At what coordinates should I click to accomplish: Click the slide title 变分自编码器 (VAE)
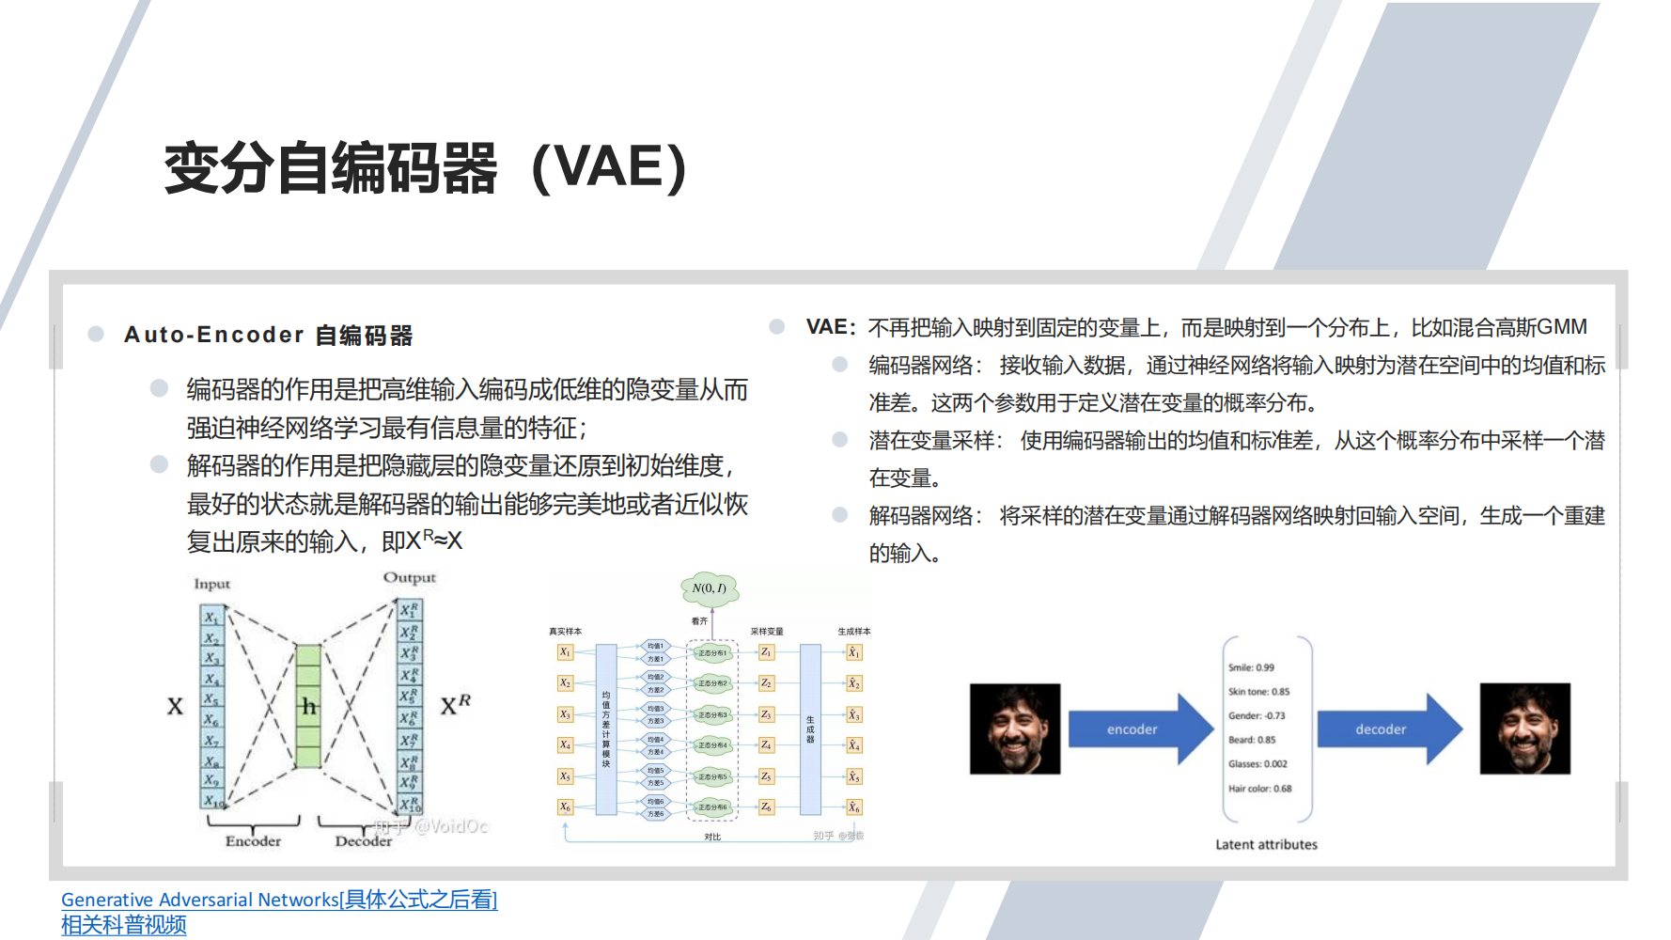point(425,168)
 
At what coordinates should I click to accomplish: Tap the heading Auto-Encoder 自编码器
point(268,336)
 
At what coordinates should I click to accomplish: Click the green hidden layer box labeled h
point(308,705)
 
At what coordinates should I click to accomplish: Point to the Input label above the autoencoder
point(211,584)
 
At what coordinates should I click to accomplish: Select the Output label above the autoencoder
point(409,577)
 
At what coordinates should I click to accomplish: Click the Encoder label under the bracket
point(253,841)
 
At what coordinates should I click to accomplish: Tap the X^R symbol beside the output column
point(456,705)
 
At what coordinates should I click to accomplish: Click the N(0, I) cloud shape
point(710,588)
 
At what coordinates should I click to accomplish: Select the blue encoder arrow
point(1137,729)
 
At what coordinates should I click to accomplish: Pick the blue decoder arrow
point(1386,729)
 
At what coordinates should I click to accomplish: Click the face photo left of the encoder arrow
point(1015,729)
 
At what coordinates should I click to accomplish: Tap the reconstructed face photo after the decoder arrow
point(1524,729)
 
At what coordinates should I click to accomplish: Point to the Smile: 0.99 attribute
point(1251,667)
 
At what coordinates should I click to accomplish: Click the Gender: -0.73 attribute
point(1257,715)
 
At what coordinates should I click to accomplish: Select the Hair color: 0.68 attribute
point(1259,789)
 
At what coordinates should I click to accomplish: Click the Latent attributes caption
point(1266,844)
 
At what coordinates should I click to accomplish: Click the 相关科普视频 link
point(124,925)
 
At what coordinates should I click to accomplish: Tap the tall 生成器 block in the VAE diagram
point(810,729)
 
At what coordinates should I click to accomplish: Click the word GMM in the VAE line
point(1562,327)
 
